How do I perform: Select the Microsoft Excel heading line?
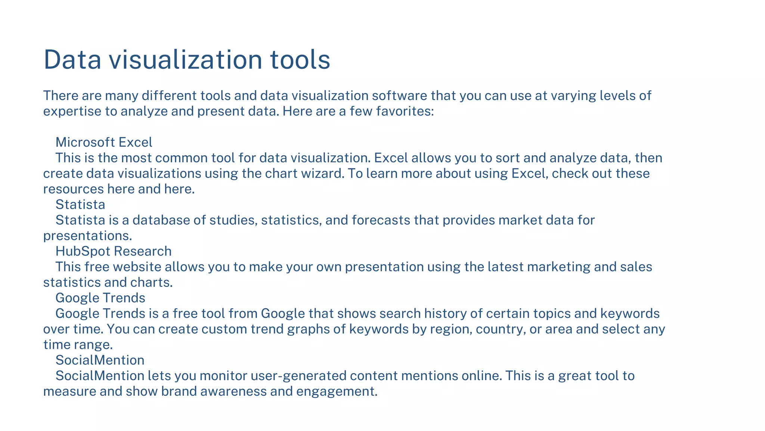coord(104,142)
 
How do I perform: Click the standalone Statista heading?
coord(80,204)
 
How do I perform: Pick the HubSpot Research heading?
coord(114,251)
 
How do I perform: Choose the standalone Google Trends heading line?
coord(100,298)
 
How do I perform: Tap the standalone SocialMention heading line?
coord(100,360)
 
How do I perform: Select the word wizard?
coord(323,173)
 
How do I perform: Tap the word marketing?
coord(558,267)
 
